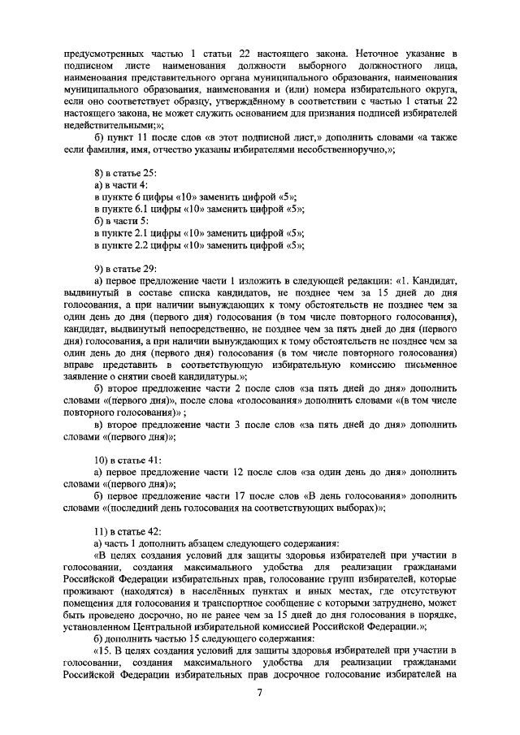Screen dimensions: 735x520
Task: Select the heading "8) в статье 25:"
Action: tap(126, 174)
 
